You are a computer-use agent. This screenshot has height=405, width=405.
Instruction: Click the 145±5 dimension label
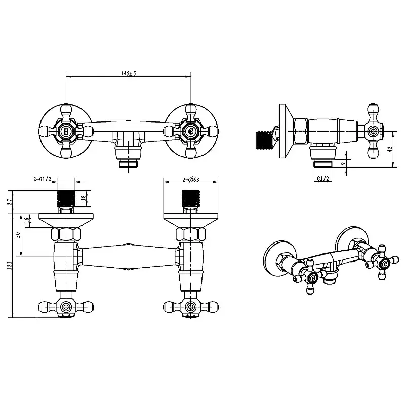click(x=129, y=73)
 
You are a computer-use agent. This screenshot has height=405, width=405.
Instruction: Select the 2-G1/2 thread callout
click(x=43, y=179)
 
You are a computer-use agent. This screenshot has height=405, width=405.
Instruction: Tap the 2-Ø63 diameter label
click(x=191, y=180)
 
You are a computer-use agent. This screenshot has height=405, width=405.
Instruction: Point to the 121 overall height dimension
click(x=10, y=265)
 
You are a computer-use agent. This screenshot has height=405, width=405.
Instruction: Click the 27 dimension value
click(x=10, y=202)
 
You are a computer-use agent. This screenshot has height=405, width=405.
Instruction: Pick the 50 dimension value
click(x=18, y=235)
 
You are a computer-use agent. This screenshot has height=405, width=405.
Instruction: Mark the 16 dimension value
click(x=26, y=220)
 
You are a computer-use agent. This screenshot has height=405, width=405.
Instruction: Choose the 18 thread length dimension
click(x=83, y=198)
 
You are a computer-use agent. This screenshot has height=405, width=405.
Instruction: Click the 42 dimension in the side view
click(x=390, y=149)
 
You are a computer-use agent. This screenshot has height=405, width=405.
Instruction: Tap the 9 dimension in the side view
click(x=343, y=163)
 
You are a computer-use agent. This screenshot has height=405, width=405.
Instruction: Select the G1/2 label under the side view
click(x=323, y=179)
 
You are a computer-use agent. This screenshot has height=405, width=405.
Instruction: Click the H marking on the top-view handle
click(x=66, y=132)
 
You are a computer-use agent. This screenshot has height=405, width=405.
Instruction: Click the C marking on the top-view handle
click(x=191, y=132)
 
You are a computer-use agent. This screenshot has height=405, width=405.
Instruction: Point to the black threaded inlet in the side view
click(x=264, y=140)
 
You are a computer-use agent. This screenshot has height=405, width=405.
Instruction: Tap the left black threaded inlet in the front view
click(x=66, y=198)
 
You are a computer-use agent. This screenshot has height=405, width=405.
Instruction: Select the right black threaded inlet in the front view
click(x=191, y=198)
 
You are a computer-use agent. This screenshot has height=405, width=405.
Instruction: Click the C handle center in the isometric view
click(x=385, y=264)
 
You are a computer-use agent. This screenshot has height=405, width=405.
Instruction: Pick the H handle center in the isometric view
click(x=314, y=278)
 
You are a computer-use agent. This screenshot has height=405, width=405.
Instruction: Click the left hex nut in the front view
click(x=66, y=234)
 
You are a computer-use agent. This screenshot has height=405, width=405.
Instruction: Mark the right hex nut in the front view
click(x=191, y=234)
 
